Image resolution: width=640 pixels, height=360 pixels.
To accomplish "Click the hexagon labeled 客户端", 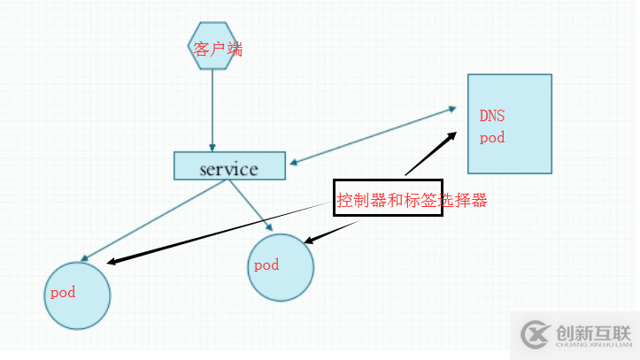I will [x=212, y=50].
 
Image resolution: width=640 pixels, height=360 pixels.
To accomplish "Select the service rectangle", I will [x=229, y=166].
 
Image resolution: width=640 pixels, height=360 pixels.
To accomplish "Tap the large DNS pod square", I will [x=510, y=124].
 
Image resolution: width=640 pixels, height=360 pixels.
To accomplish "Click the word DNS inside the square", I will [x=492, y=115].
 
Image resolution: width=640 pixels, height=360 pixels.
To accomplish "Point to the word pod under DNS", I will [x=491, y=138].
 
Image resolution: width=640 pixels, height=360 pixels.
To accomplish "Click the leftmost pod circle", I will [x=77, y=295].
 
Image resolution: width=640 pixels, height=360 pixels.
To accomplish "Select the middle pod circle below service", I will [x=281, y=267].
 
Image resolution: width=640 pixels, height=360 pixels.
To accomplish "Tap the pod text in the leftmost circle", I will [x=62, y=292].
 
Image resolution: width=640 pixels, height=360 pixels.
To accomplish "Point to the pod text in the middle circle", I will [x=266, y=264].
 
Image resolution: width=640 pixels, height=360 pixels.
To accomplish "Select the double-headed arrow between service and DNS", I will [x=372, y=136].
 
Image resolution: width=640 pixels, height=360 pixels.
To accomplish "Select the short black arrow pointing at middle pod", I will [x=332, y=231].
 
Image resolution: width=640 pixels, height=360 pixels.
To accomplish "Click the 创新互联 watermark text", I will [x=592, y=332].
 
